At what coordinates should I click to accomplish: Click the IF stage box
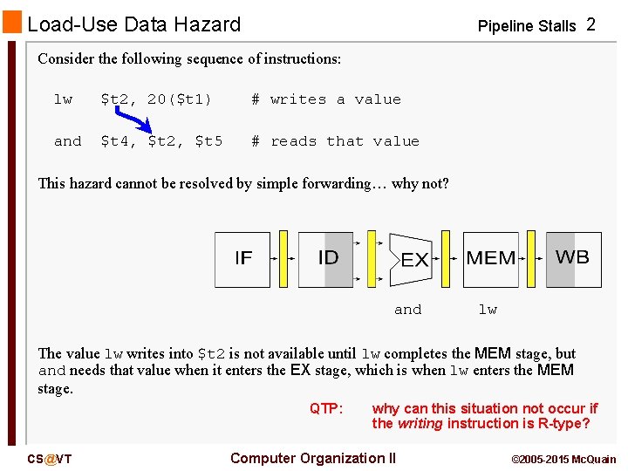pyautogui.click(x=243, y=259)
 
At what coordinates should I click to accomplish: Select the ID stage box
pyautogui.click(x=326, y=259)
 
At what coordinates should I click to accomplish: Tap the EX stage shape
pyautogui.click(x=412, y=259)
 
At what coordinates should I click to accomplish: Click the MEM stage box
pyautogui.click(x=490, y=259)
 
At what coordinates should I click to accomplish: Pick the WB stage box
pyautogui.click(x=573, y=259)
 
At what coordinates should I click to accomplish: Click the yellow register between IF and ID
pyautogui.click(x=283, y=259)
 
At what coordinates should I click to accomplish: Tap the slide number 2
pyautogui.click(x=590, y=24)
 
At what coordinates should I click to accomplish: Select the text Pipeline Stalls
pyautogui.click(x=527, y=26)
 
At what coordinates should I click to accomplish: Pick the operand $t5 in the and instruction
pyautogui.click(x=208, y=141)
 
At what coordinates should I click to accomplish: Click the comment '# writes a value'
pyautogui.click(x=326, y=99)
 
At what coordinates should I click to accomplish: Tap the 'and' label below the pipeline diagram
pyautogui.click(x=407, y=310)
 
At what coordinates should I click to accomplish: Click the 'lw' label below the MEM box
pyautogui.click(x=488, y=310)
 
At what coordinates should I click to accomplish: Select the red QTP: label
pyautogui.click(x=326, y=408)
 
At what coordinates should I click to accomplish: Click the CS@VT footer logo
pyautogui.click(x=50, y=459)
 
